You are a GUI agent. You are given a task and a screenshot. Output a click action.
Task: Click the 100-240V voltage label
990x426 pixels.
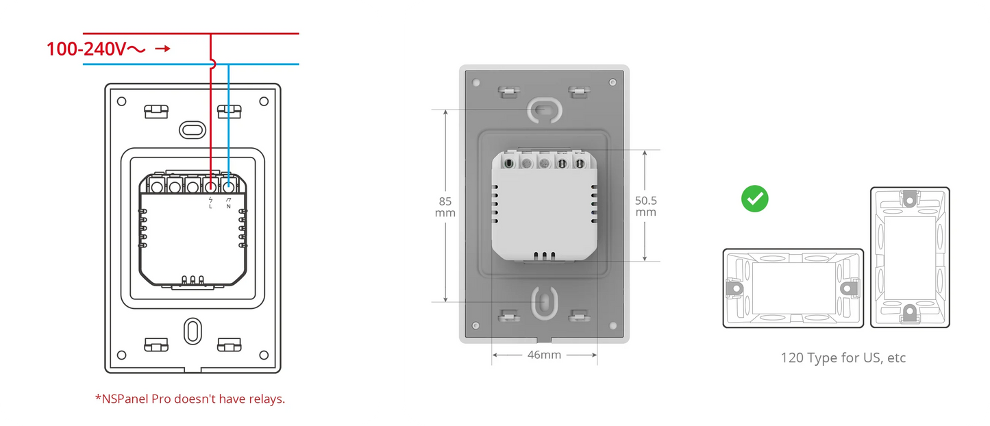click(96, 49)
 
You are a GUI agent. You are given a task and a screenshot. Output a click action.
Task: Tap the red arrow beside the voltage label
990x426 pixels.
click(162, 49)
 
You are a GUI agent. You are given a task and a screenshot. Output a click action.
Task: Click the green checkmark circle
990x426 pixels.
click(755, 199)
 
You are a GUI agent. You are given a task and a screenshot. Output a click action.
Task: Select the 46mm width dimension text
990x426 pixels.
click(544, 355)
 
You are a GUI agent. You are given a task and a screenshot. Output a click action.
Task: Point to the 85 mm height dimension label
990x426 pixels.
click(445, 207)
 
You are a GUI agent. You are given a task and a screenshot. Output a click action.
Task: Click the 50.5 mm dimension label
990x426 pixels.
click(645, 206)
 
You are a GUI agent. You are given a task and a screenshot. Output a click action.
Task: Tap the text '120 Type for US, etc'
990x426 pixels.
click(843, 358)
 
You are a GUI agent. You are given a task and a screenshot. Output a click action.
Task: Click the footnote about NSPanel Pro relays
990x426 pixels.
click(190, 399)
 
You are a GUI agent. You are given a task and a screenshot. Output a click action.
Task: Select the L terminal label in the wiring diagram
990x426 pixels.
click(210, 206)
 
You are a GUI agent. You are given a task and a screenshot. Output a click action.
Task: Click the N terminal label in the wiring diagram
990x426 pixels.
click(229, 206)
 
